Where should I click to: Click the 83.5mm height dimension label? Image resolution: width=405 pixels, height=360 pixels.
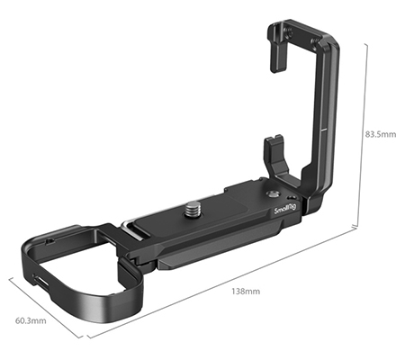[x=380, y=134]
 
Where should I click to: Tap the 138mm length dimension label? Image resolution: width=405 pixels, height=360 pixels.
[x=246, y=291]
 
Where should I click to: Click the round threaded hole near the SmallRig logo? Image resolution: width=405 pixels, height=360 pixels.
[x=273, y=192]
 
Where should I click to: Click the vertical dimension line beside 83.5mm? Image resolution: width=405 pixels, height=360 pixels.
[x=364, y=135]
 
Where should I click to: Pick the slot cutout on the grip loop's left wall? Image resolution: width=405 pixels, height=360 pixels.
[x=40, y=281]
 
